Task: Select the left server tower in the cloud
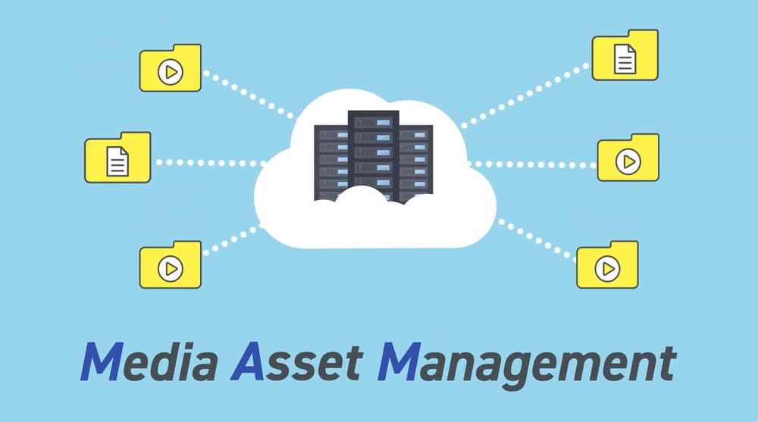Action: pyautogui.click(x=332, y=163)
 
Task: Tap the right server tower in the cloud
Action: pyautogui.click(x=415, y=163)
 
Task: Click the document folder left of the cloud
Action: pyautogui.click(x=117, y=158)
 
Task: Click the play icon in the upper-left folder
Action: pyautogui.click(x=171, y=73)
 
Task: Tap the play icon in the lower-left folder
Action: pyautogui.click(x=171, y=267)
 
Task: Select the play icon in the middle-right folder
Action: pyautogui.click(x=628, y=161)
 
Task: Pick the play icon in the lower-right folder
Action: pyautogui.click(x=606, y=268)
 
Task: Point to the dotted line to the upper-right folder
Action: pyautogui.click(x=523, y=95)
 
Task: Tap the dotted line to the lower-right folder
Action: pyautogui.click(x=534, y=239)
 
